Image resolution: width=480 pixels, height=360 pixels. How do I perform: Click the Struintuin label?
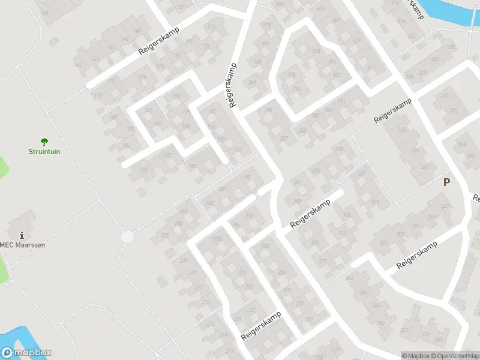[x=44, y=151]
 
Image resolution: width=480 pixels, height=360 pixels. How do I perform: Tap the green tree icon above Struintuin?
[x=44, y=141]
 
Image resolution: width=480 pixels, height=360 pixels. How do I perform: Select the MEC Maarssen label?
[x=23, y=245]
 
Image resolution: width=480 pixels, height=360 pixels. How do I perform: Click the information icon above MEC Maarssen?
[x=22, y=235]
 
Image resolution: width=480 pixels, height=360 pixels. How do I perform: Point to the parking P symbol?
[x=446, y=182]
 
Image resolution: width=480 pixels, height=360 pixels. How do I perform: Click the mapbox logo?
[x=26, y=353]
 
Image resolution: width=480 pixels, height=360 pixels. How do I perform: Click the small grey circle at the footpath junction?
[x=127, y=237]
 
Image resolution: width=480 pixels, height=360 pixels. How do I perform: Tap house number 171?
[x=210, y=28]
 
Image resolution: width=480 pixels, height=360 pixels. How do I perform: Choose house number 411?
[x=370, y=68]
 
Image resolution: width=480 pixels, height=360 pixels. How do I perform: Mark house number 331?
[x=445, y=95]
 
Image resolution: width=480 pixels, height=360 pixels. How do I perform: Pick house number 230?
[x=299, y=304]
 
